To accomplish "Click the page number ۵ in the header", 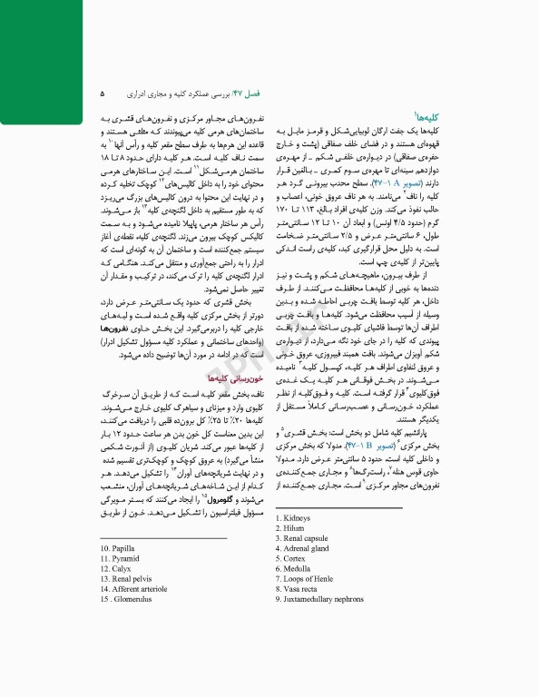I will (102, 93).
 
